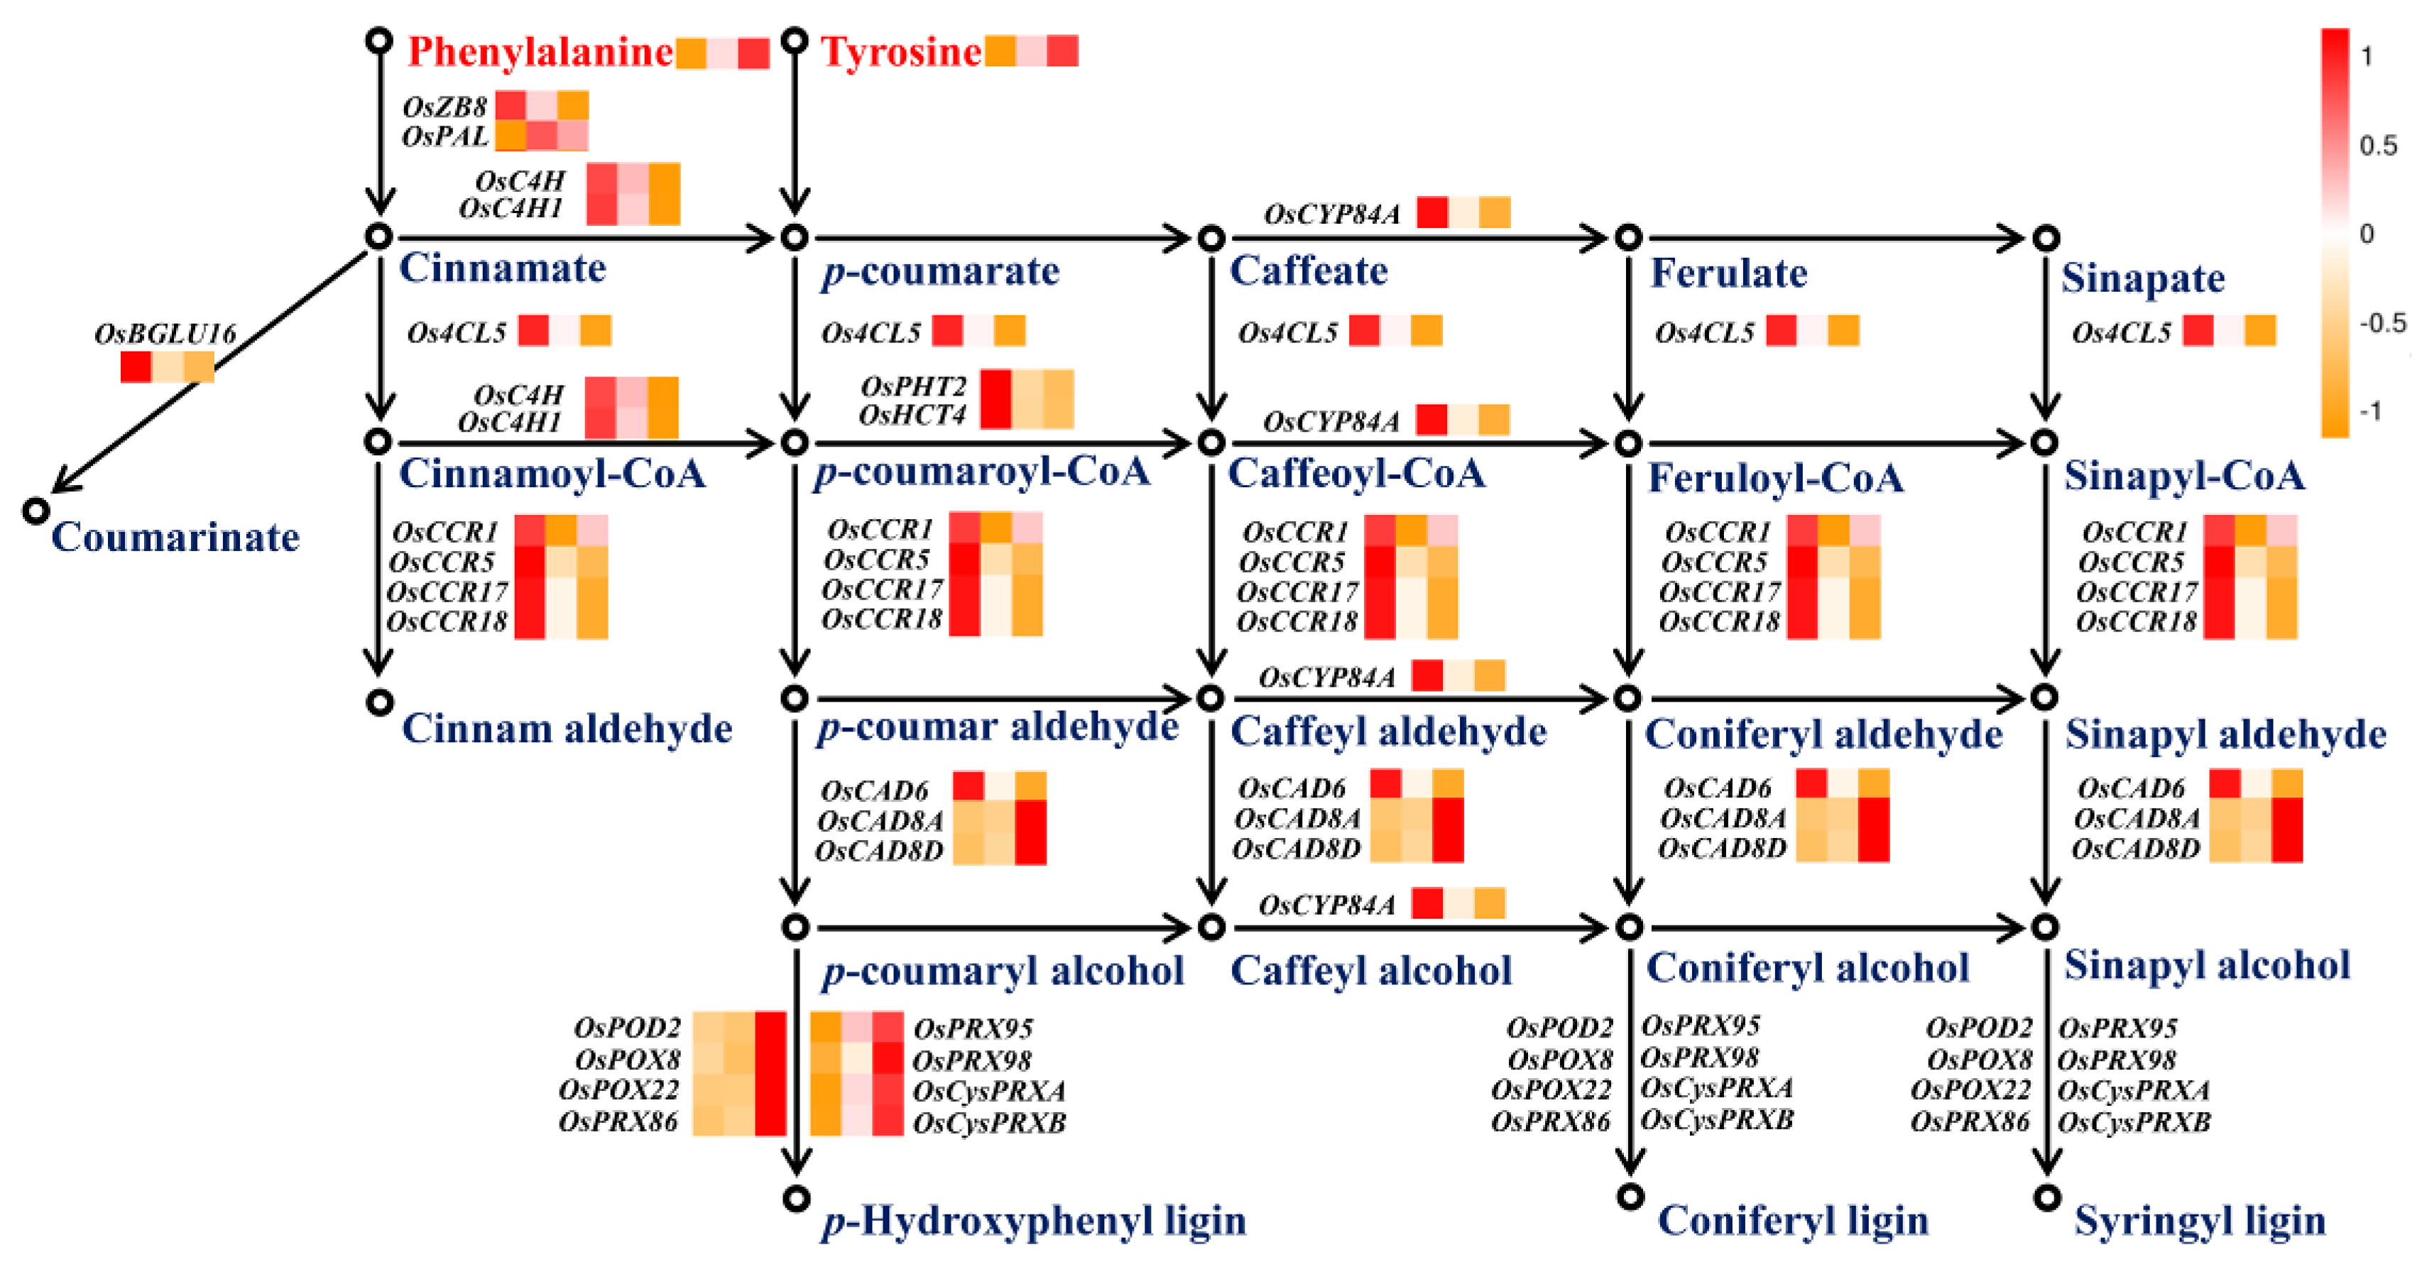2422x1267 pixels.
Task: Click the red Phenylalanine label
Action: [x=540, y=52]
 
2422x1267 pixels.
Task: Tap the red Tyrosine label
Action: [x=901, y=52]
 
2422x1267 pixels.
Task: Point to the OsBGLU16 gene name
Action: [x=165, y=334]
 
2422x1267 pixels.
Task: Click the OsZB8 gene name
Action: [x=444, y=107]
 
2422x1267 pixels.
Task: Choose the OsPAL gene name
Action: [x=444, y=137]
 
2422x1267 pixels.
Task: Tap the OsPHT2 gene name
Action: [x=913, y=386]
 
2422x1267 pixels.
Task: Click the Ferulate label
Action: [x=1728, y=273]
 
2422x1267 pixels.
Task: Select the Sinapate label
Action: [x=2143, y=278]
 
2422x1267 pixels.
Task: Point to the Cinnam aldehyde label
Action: [x=567, y=729]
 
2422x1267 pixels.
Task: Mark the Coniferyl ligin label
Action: [x=1793, y=1221]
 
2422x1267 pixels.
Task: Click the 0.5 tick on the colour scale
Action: [x=2378, y=146]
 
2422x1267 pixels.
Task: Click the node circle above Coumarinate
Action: [x=36, y=511]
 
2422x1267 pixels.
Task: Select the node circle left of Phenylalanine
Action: [x=379, y=40]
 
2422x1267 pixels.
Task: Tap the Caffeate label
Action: [x=1309, y=271]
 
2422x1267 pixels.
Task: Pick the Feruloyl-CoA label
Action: [x=1776, y=479]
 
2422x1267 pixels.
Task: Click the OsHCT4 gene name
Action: [x=912, y=415]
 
